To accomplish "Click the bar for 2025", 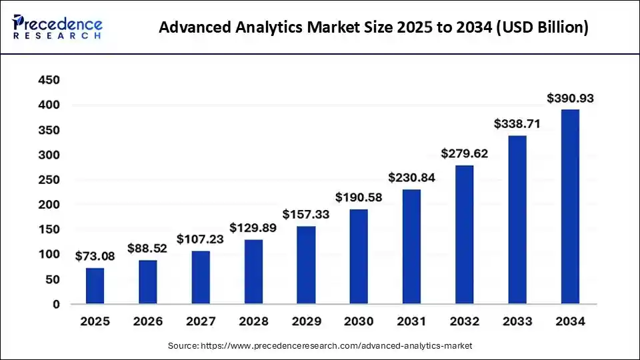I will (x=95, y=286).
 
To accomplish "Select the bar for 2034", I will (x=570, y=207).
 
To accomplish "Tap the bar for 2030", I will (x=359, y=257).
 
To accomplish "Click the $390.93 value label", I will (x=570, y=99).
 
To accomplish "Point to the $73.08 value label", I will (x=95, y=256).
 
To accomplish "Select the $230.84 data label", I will (x=411, y=178).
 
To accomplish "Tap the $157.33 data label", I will (x=306, y=215).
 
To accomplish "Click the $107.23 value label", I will (x=200, y=239).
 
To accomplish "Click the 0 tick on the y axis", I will (x=57, y=305).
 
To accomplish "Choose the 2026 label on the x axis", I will (x=147, y=321).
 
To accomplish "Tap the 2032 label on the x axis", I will (x=464, y=321).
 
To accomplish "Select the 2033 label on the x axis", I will (x=517, y=321).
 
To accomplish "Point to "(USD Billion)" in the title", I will (x=540, y=29).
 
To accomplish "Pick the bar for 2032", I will (x=465, y=235).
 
